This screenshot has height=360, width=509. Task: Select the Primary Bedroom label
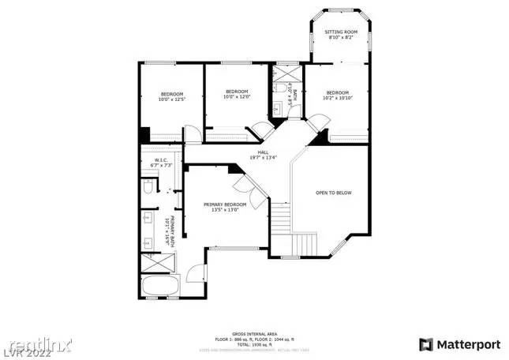tap(230, 207)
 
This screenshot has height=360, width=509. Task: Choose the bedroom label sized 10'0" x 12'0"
tap(236, 94)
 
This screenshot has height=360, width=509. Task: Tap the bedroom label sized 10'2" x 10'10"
tap(337, 94)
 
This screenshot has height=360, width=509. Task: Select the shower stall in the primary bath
tap(151, 264)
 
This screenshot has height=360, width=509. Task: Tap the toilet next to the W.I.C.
tap(148, 190)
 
